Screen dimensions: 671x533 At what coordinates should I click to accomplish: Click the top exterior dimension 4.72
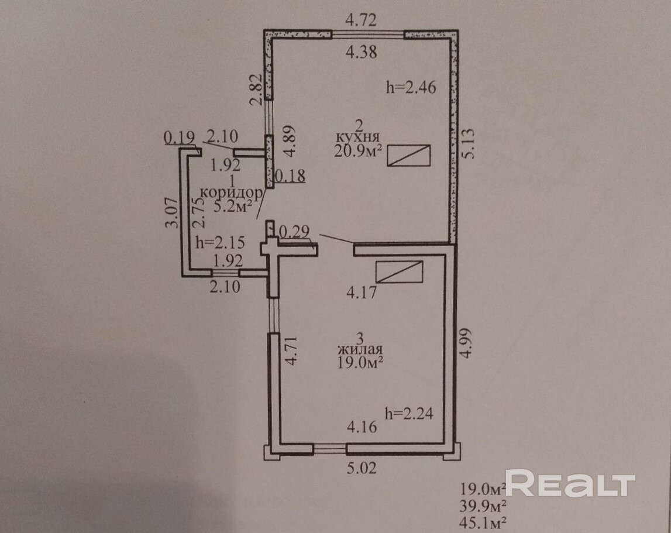tap(361, 22)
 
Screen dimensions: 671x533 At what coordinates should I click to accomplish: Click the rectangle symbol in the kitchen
tap(410, 156)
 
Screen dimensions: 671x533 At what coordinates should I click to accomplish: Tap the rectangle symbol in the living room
tap(400, 272)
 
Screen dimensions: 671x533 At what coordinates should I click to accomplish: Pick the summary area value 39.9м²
tap(483, 504)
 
